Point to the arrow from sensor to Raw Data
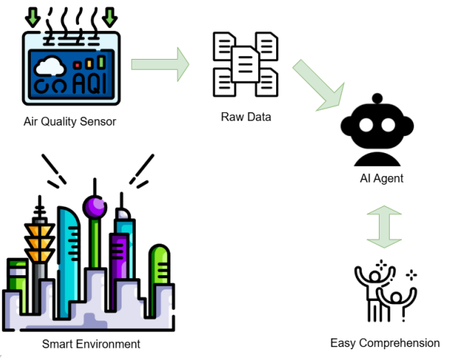tap(160, 65)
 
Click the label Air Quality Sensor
tap(69, 121)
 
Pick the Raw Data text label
tap(246, 116)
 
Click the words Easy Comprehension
tap(385, 343)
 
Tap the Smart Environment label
tap(91, 343)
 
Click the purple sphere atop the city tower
tap(94, 208)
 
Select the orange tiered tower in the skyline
tap(40, 237)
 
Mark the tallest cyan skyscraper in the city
tap(70, 244)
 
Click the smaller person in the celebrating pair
tap(394, 305)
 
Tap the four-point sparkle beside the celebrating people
tap(411, 274)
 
